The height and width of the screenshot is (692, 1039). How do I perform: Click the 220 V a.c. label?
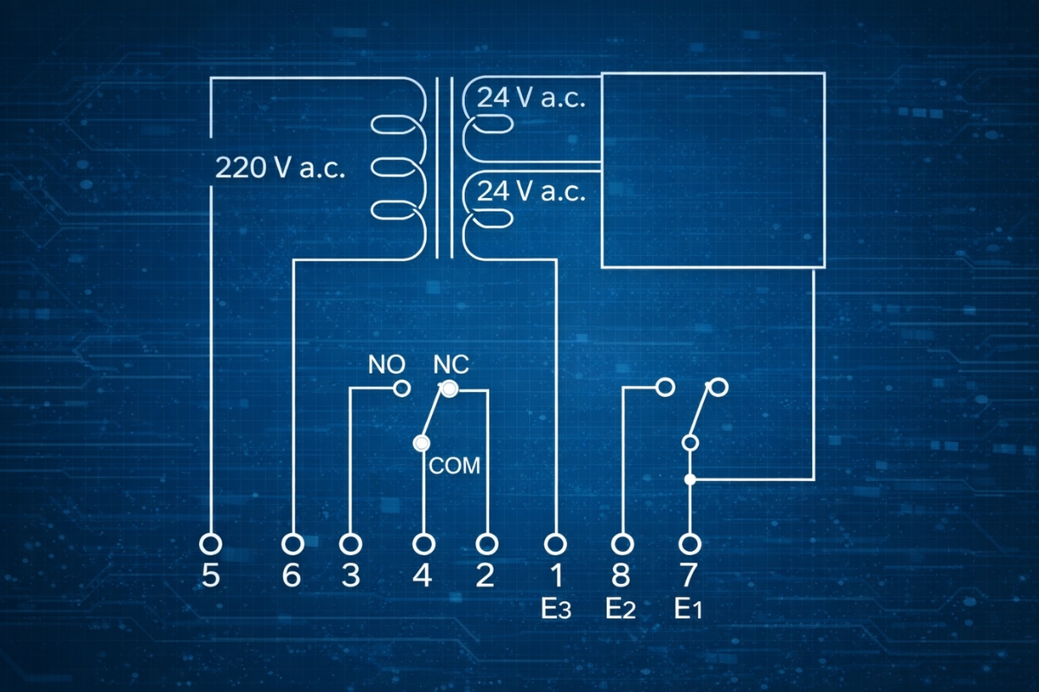point(280,168)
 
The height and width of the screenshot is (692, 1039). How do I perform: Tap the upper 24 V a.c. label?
point(532,98)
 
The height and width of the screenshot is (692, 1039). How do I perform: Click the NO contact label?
point(386,364)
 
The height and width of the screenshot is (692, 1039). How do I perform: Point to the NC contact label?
point(450,364)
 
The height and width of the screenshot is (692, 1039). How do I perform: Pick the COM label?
point(455,465)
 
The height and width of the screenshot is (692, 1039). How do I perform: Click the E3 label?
point(555,610)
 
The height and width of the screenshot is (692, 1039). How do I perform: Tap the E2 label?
point(622,610)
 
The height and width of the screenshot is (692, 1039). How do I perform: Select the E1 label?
point(689,610)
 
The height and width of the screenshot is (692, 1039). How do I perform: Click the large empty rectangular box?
point(713,170)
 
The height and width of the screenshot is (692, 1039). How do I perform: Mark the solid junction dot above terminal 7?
point(690,478)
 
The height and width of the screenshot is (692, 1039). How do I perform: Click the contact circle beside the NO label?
point(402,388)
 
